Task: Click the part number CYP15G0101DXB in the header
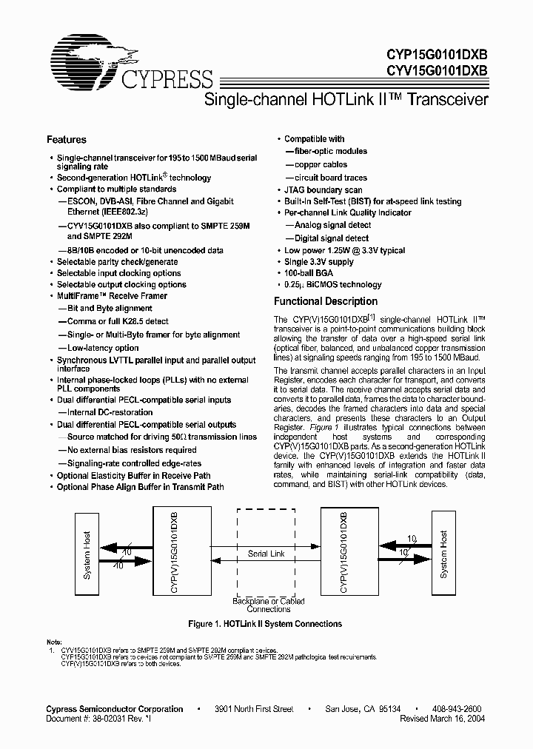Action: pos(437,54)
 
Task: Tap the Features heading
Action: pos(67,140)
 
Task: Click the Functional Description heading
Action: pos(326,302)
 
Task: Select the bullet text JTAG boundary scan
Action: pos(324,190)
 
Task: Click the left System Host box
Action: pos(86,554)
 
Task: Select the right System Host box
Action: pos(443,554)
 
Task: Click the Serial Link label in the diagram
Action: pos(266,554)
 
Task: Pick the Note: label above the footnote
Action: pos(55,641)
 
